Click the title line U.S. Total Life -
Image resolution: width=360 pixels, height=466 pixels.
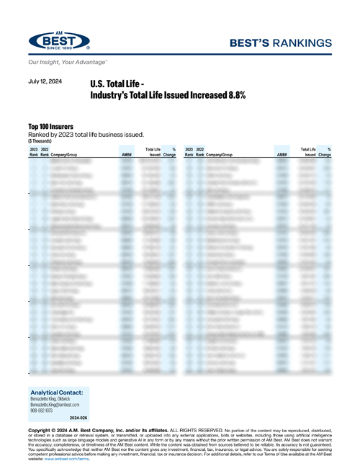119,84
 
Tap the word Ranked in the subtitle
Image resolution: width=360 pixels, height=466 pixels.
40,135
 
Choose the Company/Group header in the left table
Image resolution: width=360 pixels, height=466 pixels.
67,155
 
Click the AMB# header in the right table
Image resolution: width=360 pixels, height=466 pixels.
282,155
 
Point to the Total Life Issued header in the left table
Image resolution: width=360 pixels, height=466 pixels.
152,152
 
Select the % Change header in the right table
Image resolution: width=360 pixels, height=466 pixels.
325,152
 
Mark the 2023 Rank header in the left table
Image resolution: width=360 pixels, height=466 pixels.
33,152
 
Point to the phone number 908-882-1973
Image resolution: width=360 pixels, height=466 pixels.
45,411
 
